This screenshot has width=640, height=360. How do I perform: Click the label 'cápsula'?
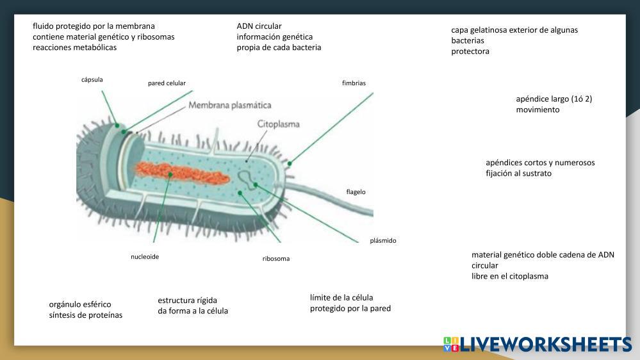click(x=92, y=79)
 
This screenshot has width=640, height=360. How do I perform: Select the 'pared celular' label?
click(x=167, y=83)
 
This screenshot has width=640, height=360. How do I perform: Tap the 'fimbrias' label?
click(x=354, y=83)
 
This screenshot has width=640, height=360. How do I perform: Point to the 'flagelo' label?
click(x=356, y=192)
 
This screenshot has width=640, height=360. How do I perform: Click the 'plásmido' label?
click(x=383, y=241)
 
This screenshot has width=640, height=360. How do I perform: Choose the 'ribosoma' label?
click(x=275, y=259)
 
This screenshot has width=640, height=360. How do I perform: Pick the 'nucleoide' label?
click(x=145, y=257)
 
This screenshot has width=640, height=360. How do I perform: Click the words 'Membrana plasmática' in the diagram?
click(x=229, y=105)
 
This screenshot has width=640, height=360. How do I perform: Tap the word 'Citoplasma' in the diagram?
click(x=278, y=124)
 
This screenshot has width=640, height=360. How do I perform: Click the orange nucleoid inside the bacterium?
click(x=176, y=174)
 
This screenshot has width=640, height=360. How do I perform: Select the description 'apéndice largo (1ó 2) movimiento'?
click(x=554, y=104)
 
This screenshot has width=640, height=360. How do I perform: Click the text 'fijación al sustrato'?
click(x=518, y=174)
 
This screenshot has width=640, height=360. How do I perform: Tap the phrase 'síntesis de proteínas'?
click(x=85, y=315)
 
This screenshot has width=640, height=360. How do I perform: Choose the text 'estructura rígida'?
click(x=187, y=300)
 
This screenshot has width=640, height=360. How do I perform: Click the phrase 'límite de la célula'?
click(x=341, y=297)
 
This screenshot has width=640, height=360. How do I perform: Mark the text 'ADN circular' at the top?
click(x=259, y=26)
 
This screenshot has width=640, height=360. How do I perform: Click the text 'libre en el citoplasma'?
click(x=509, y=276)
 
